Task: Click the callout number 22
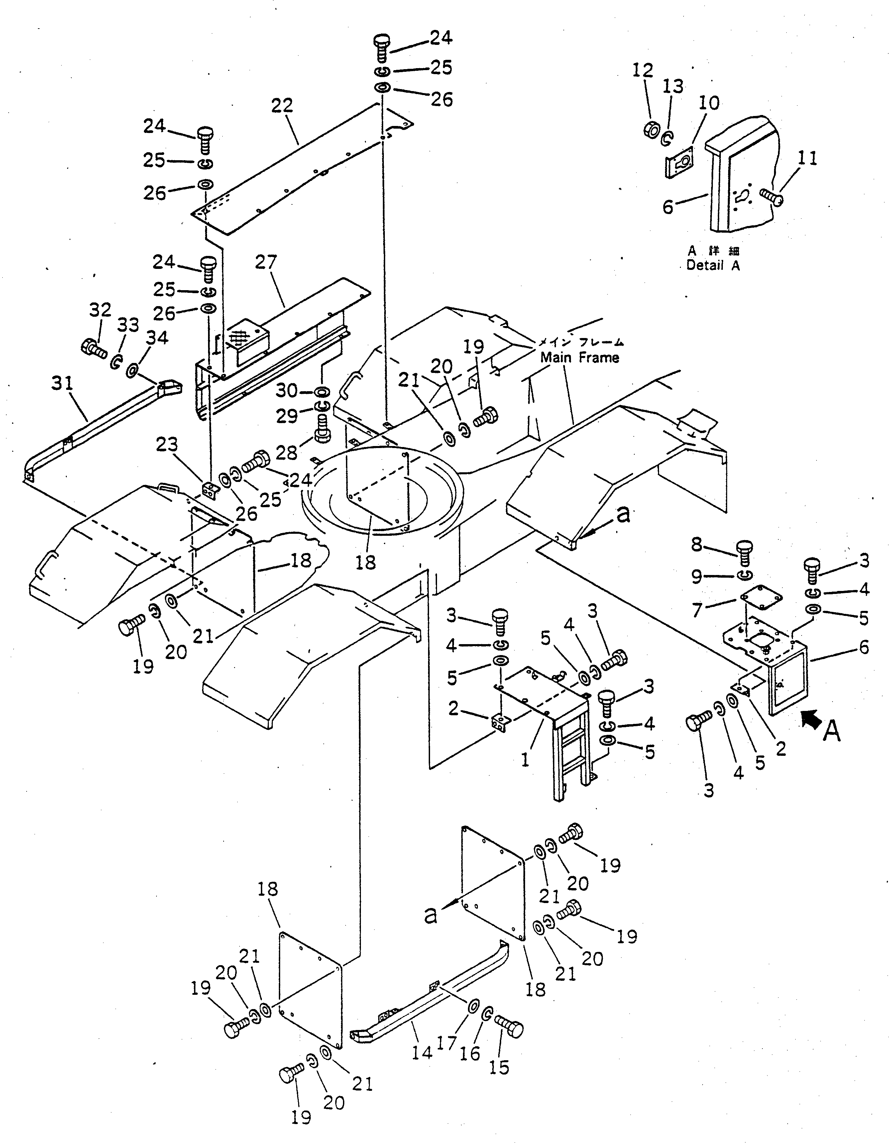[282, 106]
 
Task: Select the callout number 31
[62, 383]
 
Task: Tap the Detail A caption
[713, 265]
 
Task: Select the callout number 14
[422, 1052]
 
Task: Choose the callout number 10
[709, 103]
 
